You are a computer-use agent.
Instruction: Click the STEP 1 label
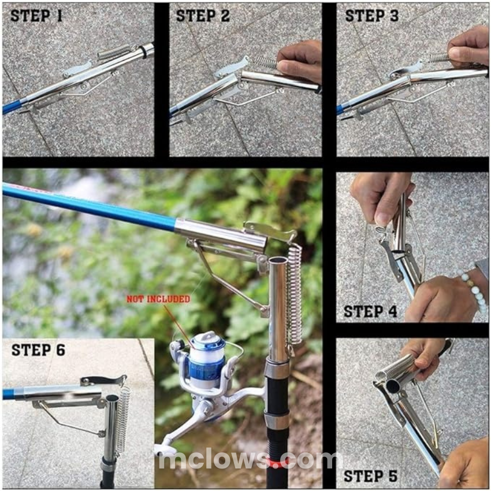36,16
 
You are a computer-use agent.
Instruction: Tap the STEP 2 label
203,16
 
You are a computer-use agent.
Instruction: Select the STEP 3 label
371,16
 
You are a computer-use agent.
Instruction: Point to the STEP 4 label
370,311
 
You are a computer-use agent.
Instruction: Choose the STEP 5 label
370,477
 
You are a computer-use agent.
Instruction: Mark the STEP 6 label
38,350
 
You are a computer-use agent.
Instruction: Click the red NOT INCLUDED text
158,299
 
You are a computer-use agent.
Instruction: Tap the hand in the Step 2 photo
300,62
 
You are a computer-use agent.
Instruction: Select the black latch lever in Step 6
103,381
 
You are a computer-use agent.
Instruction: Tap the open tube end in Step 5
392,387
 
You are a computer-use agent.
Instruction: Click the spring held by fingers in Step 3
438,57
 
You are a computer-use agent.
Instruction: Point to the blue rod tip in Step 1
14,105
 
